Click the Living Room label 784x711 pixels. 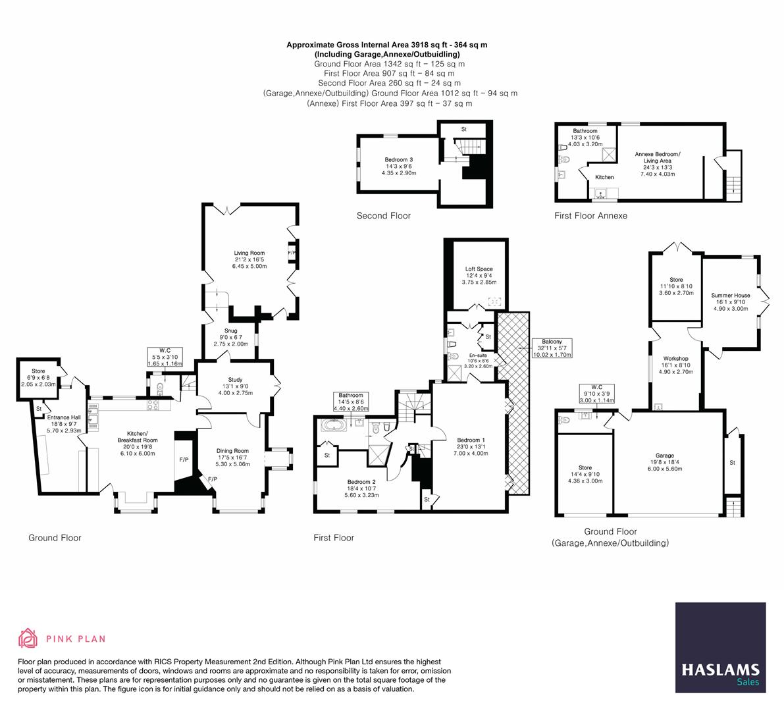[249, 253]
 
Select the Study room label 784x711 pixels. [236, 380]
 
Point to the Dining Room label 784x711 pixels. [233, 451]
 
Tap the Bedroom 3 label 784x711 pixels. [399, 160]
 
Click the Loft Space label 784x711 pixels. [479, 269]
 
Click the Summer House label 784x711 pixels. [730, 296]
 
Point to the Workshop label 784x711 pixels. [676, 357]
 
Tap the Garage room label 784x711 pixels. [664, 456]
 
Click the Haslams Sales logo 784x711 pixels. [720, 647]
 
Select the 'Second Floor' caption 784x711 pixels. [383, 215]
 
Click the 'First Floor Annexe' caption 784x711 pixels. [590, 215]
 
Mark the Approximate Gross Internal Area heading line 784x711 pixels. [386, 45]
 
